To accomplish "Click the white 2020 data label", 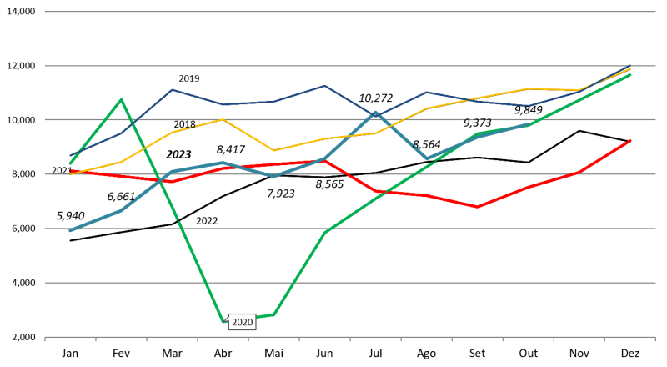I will point(242,323).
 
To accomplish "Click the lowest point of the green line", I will point(223,321).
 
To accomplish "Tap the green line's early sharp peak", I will point(121,100).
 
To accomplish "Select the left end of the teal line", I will point(70,230).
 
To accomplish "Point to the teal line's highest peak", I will point(375,112).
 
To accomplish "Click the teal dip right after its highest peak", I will point(426,158).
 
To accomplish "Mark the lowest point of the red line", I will point(478,207).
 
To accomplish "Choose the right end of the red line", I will point(630,141).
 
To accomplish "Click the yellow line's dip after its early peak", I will point(273,151).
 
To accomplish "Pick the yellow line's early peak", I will point(223,119).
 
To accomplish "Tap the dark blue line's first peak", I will point(172,89).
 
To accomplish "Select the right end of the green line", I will point(630,75).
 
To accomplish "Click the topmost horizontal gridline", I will point(350,12).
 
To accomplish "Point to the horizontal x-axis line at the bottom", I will point(350,337).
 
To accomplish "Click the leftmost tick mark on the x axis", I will point(45,339).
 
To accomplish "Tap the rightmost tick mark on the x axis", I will point(655,339).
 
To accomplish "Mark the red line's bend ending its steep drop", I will point(376,192).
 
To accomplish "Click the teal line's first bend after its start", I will point(121,210).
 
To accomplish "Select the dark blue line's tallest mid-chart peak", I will point(324,85).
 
